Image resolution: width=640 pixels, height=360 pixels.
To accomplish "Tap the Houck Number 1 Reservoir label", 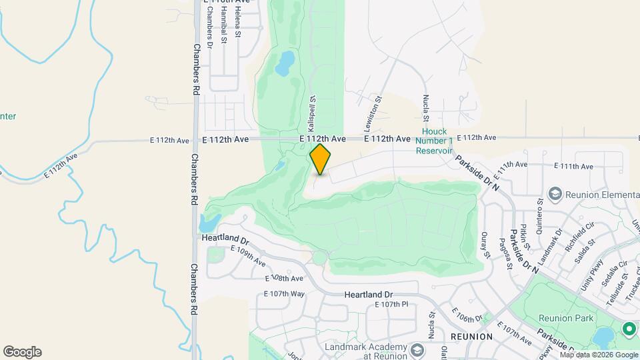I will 434,141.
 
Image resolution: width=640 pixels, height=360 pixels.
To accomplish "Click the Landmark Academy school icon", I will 417,350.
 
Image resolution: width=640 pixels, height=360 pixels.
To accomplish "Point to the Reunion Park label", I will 565,319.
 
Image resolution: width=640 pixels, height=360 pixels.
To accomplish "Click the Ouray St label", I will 486,245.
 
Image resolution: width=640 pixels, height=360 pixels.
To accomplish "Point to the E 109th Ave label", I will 248,253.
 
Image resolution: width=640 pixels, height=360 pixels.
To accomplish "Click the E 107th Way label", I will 284,294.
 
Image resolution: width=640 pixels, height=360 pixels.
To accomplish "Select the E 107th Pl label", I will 391,305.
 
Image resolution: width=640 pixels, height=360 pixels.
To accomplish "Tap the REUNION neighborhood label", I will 471,337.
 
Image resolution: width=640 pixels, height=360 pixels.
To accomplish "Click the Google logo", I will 22,352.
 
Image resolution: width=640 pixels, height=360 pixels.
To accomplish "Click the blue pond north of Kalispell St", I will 285,63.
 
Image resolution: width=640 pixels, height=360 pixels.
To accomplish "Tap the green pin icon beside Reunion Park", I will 628,329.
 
